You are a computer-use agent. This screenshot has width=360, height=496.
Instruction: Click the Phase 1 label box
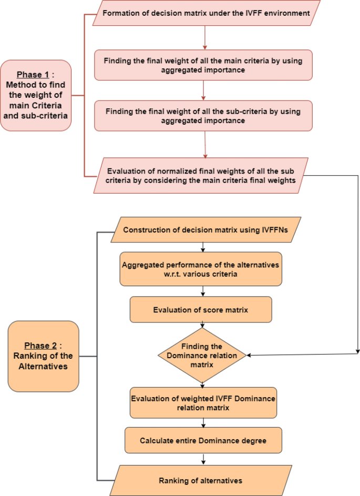(x=36, y=95)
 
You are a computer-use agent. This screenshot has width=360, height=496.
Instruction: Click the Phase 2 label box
(x=44, y=356)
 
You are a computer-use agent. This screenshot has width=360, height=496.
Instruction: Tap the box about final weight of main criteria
(x=203, y=65)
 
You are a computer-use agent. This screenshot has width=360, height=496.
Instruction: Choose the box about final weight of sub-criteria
(x=203, y=116)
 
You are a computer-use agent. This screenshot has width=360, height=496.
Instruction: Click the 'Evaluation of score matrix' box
(x=201, y=310)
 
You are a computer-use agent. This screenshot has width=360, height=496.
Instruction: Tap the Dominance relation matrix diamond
(x=202, y=355)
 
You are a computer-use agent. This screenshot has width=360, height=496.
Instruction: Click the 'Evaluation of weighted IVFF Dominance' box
(x=203, y=403)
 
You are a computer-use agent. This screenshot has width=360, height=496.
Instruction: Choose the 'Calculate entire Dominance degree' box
(x=203, y=440)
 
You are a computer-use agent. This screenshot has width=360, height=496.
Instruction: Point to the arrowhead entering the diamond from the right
(x=250, y=356)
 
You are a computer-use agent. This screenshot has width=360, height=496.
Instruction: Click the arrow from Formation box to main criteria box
(x=204, y=37)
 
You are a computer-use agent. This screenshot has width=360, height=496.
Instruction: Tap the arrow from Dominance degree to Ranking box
(x=203, y=459)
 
